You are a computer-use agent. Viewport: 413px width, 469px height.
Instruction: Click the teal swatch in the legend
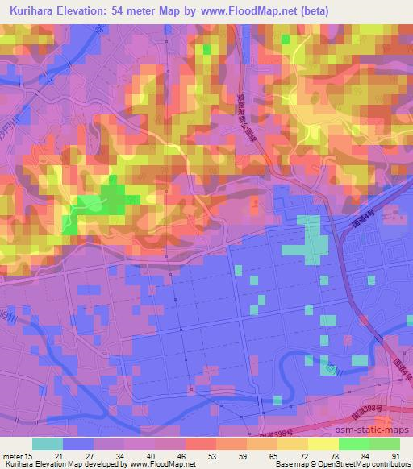(48, 444)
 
